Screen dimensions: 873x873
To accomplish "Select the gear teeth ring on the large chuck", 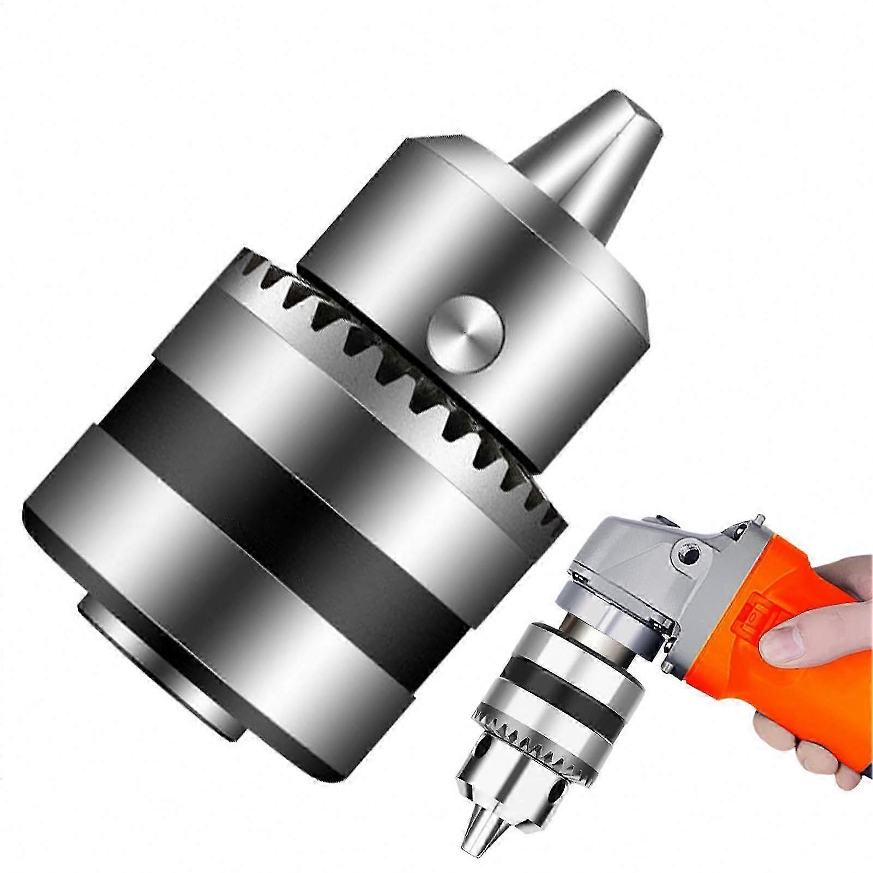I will (x=414, y=382).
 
